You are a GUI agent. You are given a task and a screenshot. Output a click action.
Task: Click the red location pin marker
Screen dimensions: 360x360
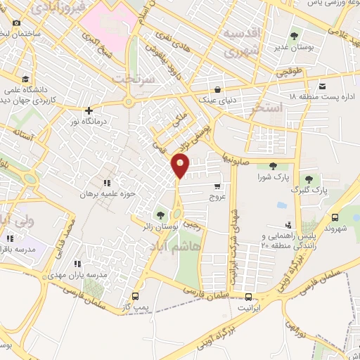[x=181, y=166]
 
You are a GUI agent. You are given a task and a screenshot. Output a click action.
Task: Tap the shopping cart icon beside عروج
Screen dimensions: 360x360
[x=217, y=186]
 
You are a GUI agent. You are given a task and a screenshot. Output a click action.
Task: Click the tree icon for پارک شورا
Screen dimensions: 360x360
[x=273, y=165]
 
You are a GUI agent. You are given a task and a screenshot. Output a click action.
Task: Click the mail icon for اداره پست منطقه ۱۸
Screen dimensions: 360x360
[x=322, y=86]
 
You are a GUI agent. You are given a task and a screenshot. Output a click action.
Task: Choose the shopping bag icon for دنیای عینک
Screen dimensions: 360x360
[x=219, y=89]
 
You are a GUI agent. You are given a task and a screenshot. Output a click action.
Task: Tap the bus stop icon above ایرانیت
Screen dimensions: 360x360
[x=247, y=296]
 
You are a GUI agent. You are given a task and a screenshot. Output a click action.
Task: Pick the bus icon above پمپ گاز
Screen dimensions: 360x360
[x=135, y=296]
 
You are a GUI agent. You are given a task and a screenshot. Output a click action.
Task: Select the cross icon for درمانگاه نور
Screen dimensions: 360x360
[x=89, y=110]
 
